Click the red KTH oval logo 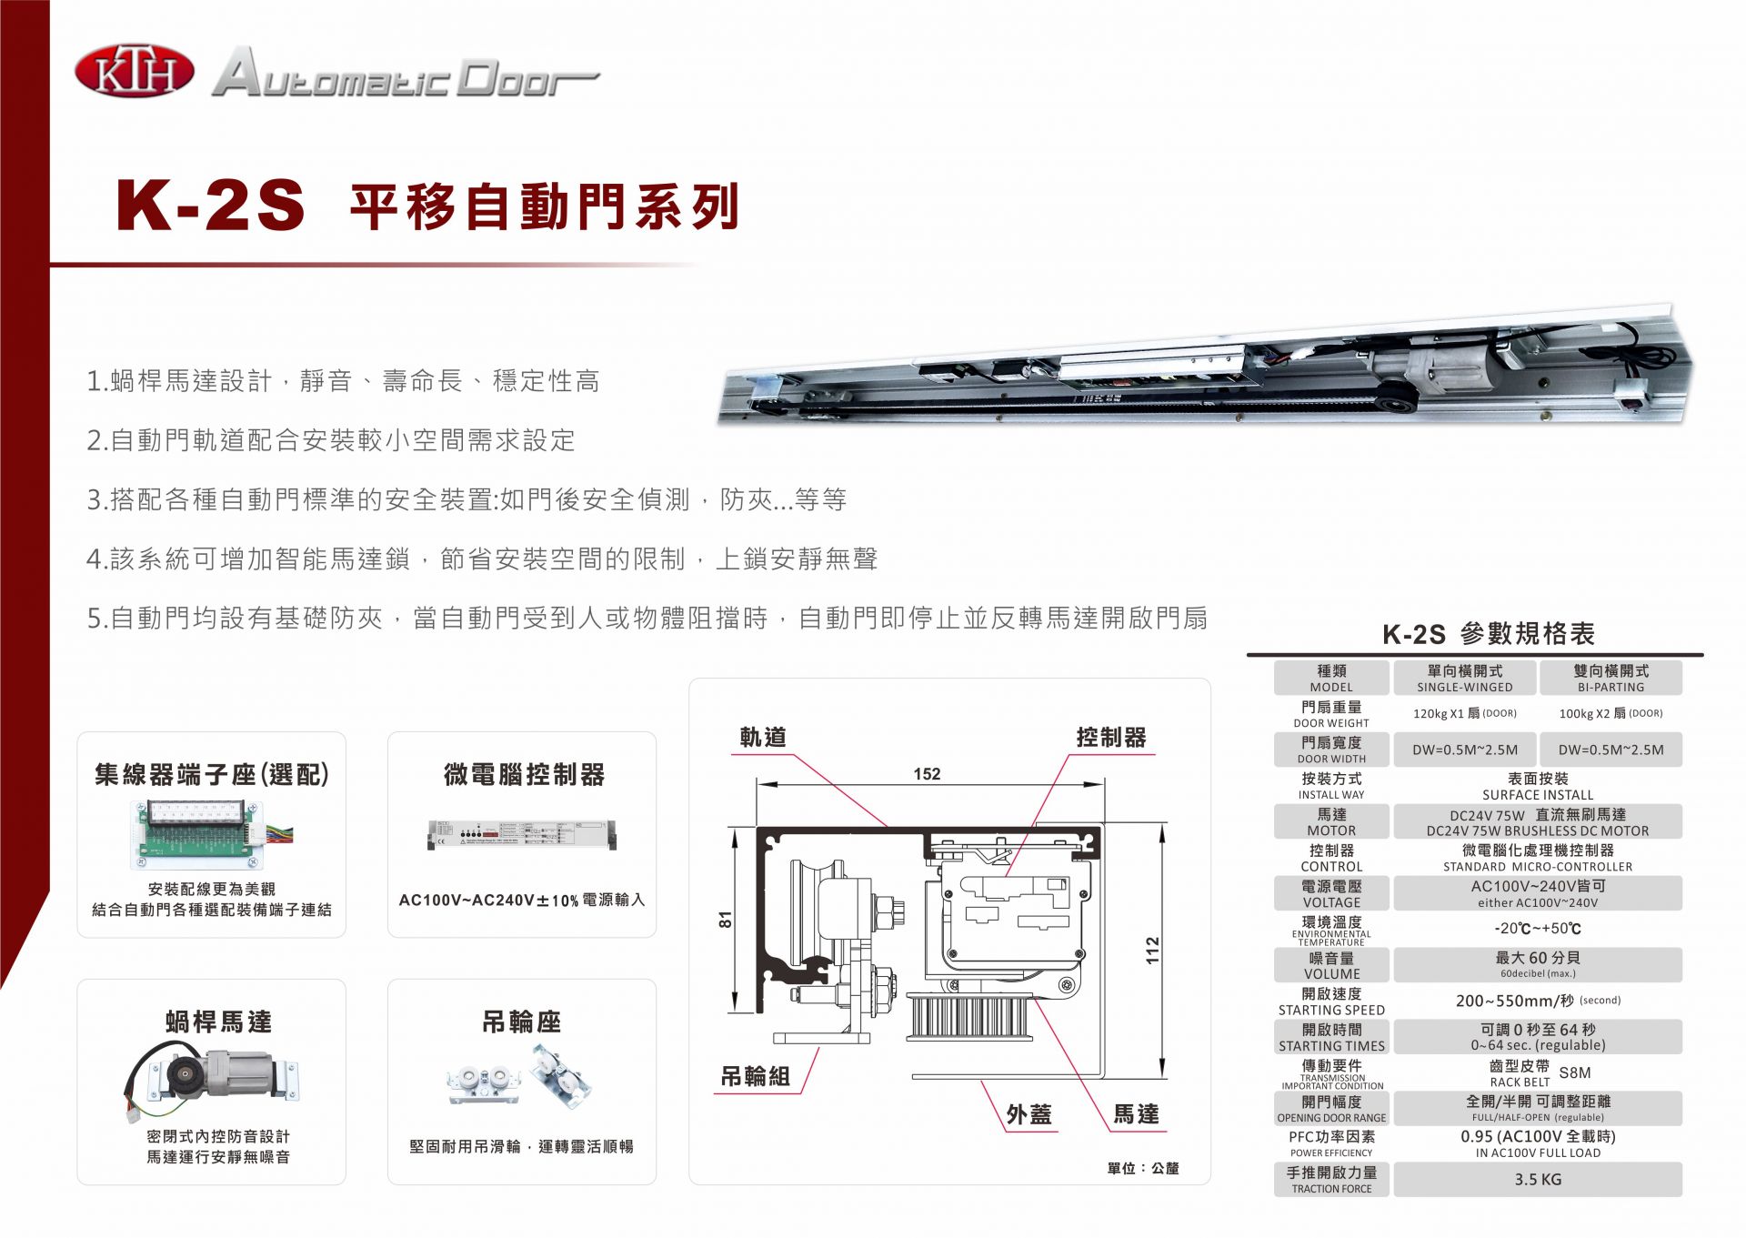[x=134, y=72]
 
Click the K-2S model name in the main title [x=210, y=206]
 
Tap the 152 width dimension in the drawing [x=927, y=774]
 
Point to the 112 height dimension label [x=1152, y=950]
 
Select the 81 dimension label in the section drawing [x=725, y=920]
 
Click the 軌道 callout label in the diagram [x=762, y=738]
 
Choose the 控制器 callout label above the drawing [x=1110, y=738]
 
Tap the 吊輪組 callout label [x=755, y=1076]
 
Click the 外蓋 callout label [x=1029, y=1114]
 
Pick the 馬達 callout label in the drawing [x=1136, y=1114]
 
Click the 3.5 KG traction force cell [x=1537, y=1179]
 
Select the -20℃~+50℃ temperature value [x=1537, y=929]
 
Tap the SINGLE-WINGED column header [x=1464, y=679]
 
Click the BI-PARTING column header [x=1610, y=679]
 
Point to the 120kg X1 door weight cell [x=1464, y=713]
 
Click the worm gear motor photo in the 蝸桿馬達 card [x=216, y=1078]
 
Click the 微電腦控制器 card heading [x=524, y=775]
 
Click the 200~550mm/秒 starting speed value [x=1537, y=1001]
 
